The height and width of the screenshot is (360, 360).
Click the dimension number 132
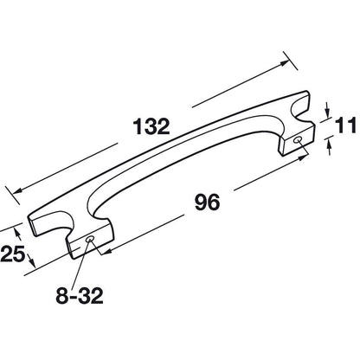click(151, 127)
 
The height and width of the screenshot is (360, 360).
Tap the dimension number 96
click(207, 202)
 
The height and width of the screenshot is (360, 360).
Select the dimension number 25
click(12, 254)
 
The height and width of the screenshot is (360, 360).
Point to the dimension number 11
click(346, 126)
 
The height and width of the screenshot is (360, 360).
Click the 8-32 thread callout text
click(80, 295)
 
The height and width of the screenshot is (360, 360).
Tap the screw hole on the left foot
click(90, 240)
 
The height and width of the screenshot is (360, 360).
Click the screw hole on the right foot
click(298, 140)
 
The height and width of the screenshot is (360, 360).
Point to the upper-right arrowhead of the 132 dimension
click(285, 63)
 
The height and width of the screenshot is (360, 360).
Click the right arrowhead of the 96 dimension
click(301, 158)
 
